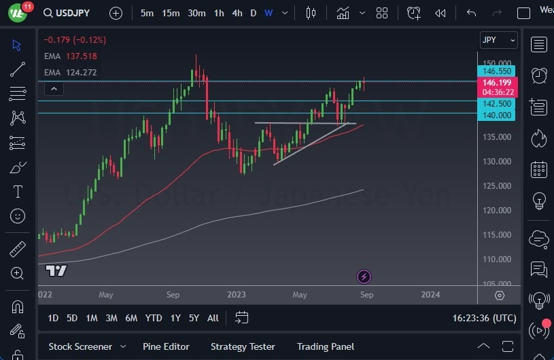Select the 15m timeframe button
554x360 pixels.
click(171, 13)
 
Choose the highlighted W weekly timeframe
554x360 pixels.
click(269, 13)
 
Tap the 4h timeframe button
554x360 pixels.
click(237, 13)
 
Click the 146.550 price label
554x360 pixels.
click(497, 71)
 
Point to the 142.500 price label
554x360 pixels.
click(497, 104)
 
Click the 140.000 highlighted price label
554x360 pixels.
click(497, 115)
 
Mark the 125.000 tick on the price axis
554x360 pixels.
click(497, 186)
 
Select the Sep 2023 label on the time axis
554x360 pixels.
click(366, 295)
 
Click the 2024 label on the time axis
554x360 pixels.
click(430, 295)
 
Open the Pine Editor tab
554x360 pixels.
click(167, 346)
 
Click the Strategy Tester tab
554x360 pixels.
click(242, 346)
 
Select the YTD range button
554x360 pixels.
click(154, 318)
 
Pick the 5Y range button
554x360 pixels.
click(194, 318)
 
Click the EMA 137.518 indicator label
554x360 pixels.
click(70, 56)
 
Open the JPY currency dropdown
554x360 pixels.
click(498, 40)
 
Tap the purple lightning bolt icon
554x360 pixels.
click(364, 276)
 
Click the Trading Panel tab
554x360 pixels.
click(325, 346)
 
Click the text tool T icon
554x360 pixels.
click(18, 192)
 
